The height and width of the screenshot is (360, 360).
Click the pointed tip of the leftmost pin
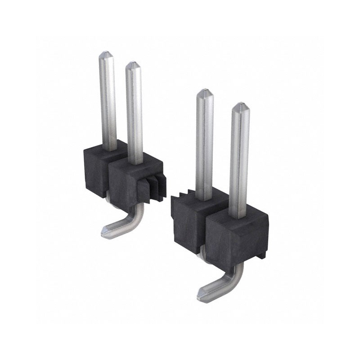coord(106,54)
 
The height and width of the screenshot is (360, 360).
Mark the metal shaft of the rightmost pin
coord(239,162)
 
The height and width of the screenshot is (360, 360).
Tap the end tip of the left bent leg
coord(104,231)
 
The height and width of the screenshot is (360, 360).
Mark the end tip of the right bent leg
coord(201,295)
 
